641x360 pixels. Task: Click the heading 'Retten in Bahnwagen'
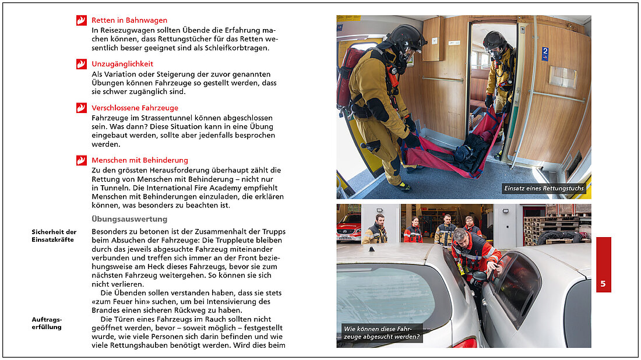click(129, 20)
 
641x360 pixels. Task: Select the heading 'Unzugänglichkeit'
click(122, 64)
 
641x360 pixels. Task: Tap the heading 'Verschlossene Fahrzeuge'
click(135, 108)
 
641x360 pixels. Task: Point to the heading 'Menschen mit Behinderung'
click(139, 160)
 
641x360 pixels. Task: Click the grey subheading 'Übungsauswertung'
click(129, 219)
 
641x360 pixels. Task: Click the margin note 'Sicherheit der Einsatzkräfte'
click(54, 235)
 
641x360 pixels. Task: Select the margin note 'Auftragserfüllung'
click(47, 323)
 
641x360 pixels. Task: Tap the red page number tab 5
click(603, 284)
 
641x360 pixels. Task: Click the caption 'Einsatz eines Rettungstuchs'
click(544, 189)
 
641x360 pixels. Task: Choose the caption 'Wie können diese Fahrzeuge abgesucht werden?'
click(381, 333)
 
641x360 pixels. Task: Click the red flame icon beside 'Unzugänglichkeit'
click(81, 64)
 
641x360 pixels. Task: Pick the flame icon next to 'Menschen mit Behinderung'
click(81, 160)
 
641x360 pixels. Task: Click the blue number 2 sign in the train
click(545, 54)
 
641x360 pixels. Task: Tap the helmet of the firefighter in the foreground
click(407, 36)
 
